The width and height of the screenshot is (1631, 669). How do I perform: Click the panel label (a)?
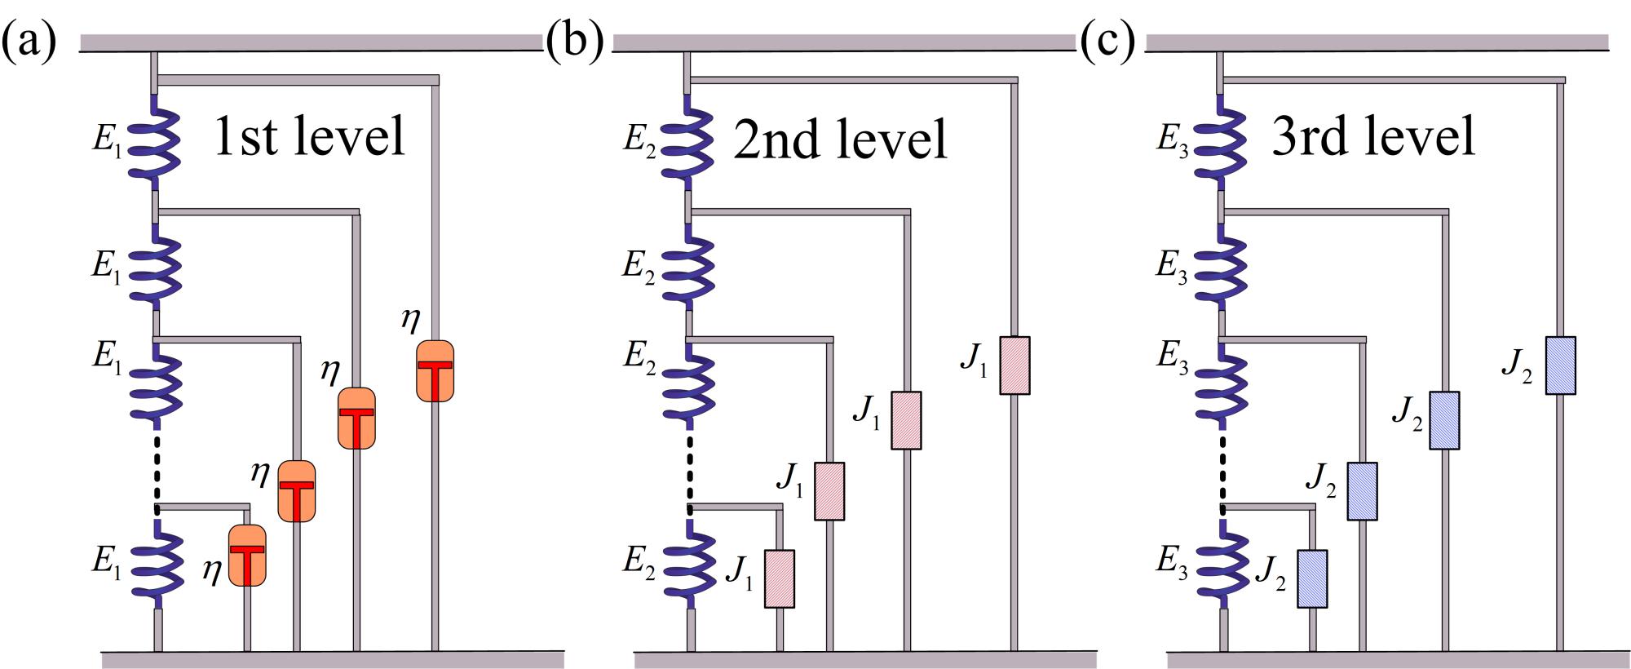coord(29,42)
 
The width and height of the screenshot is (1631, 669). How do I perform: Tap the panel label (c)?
coord(1107,42)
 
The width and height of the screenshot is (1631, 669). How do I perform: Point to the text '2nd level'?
coord(840,139)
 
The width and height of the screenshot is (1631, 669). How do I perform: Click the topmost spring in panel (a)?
coord(155,143)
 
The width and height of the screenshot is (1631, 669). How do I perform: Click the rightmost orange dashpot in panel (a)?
coord(435,371)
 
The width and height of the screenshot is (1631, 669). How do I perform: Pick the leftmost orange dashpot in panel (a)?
coord(247,555)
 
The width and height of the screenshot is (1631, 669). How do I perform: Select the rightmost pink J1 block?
coord(1014,366)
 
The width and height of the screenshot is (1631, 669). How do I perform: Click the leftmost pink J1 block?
coord(779,579)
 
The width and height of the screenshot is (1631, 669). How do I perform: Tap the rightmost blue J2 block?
coord(1560,366)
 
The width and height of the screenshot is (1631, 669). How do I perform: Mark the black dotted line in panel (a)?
coord(157,465)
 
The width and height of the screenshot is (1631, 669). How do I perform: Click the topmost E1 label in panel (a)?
coord(107,140)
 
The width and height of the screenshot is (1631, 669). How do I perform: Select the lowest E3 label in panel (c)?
coord(1172,561)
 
